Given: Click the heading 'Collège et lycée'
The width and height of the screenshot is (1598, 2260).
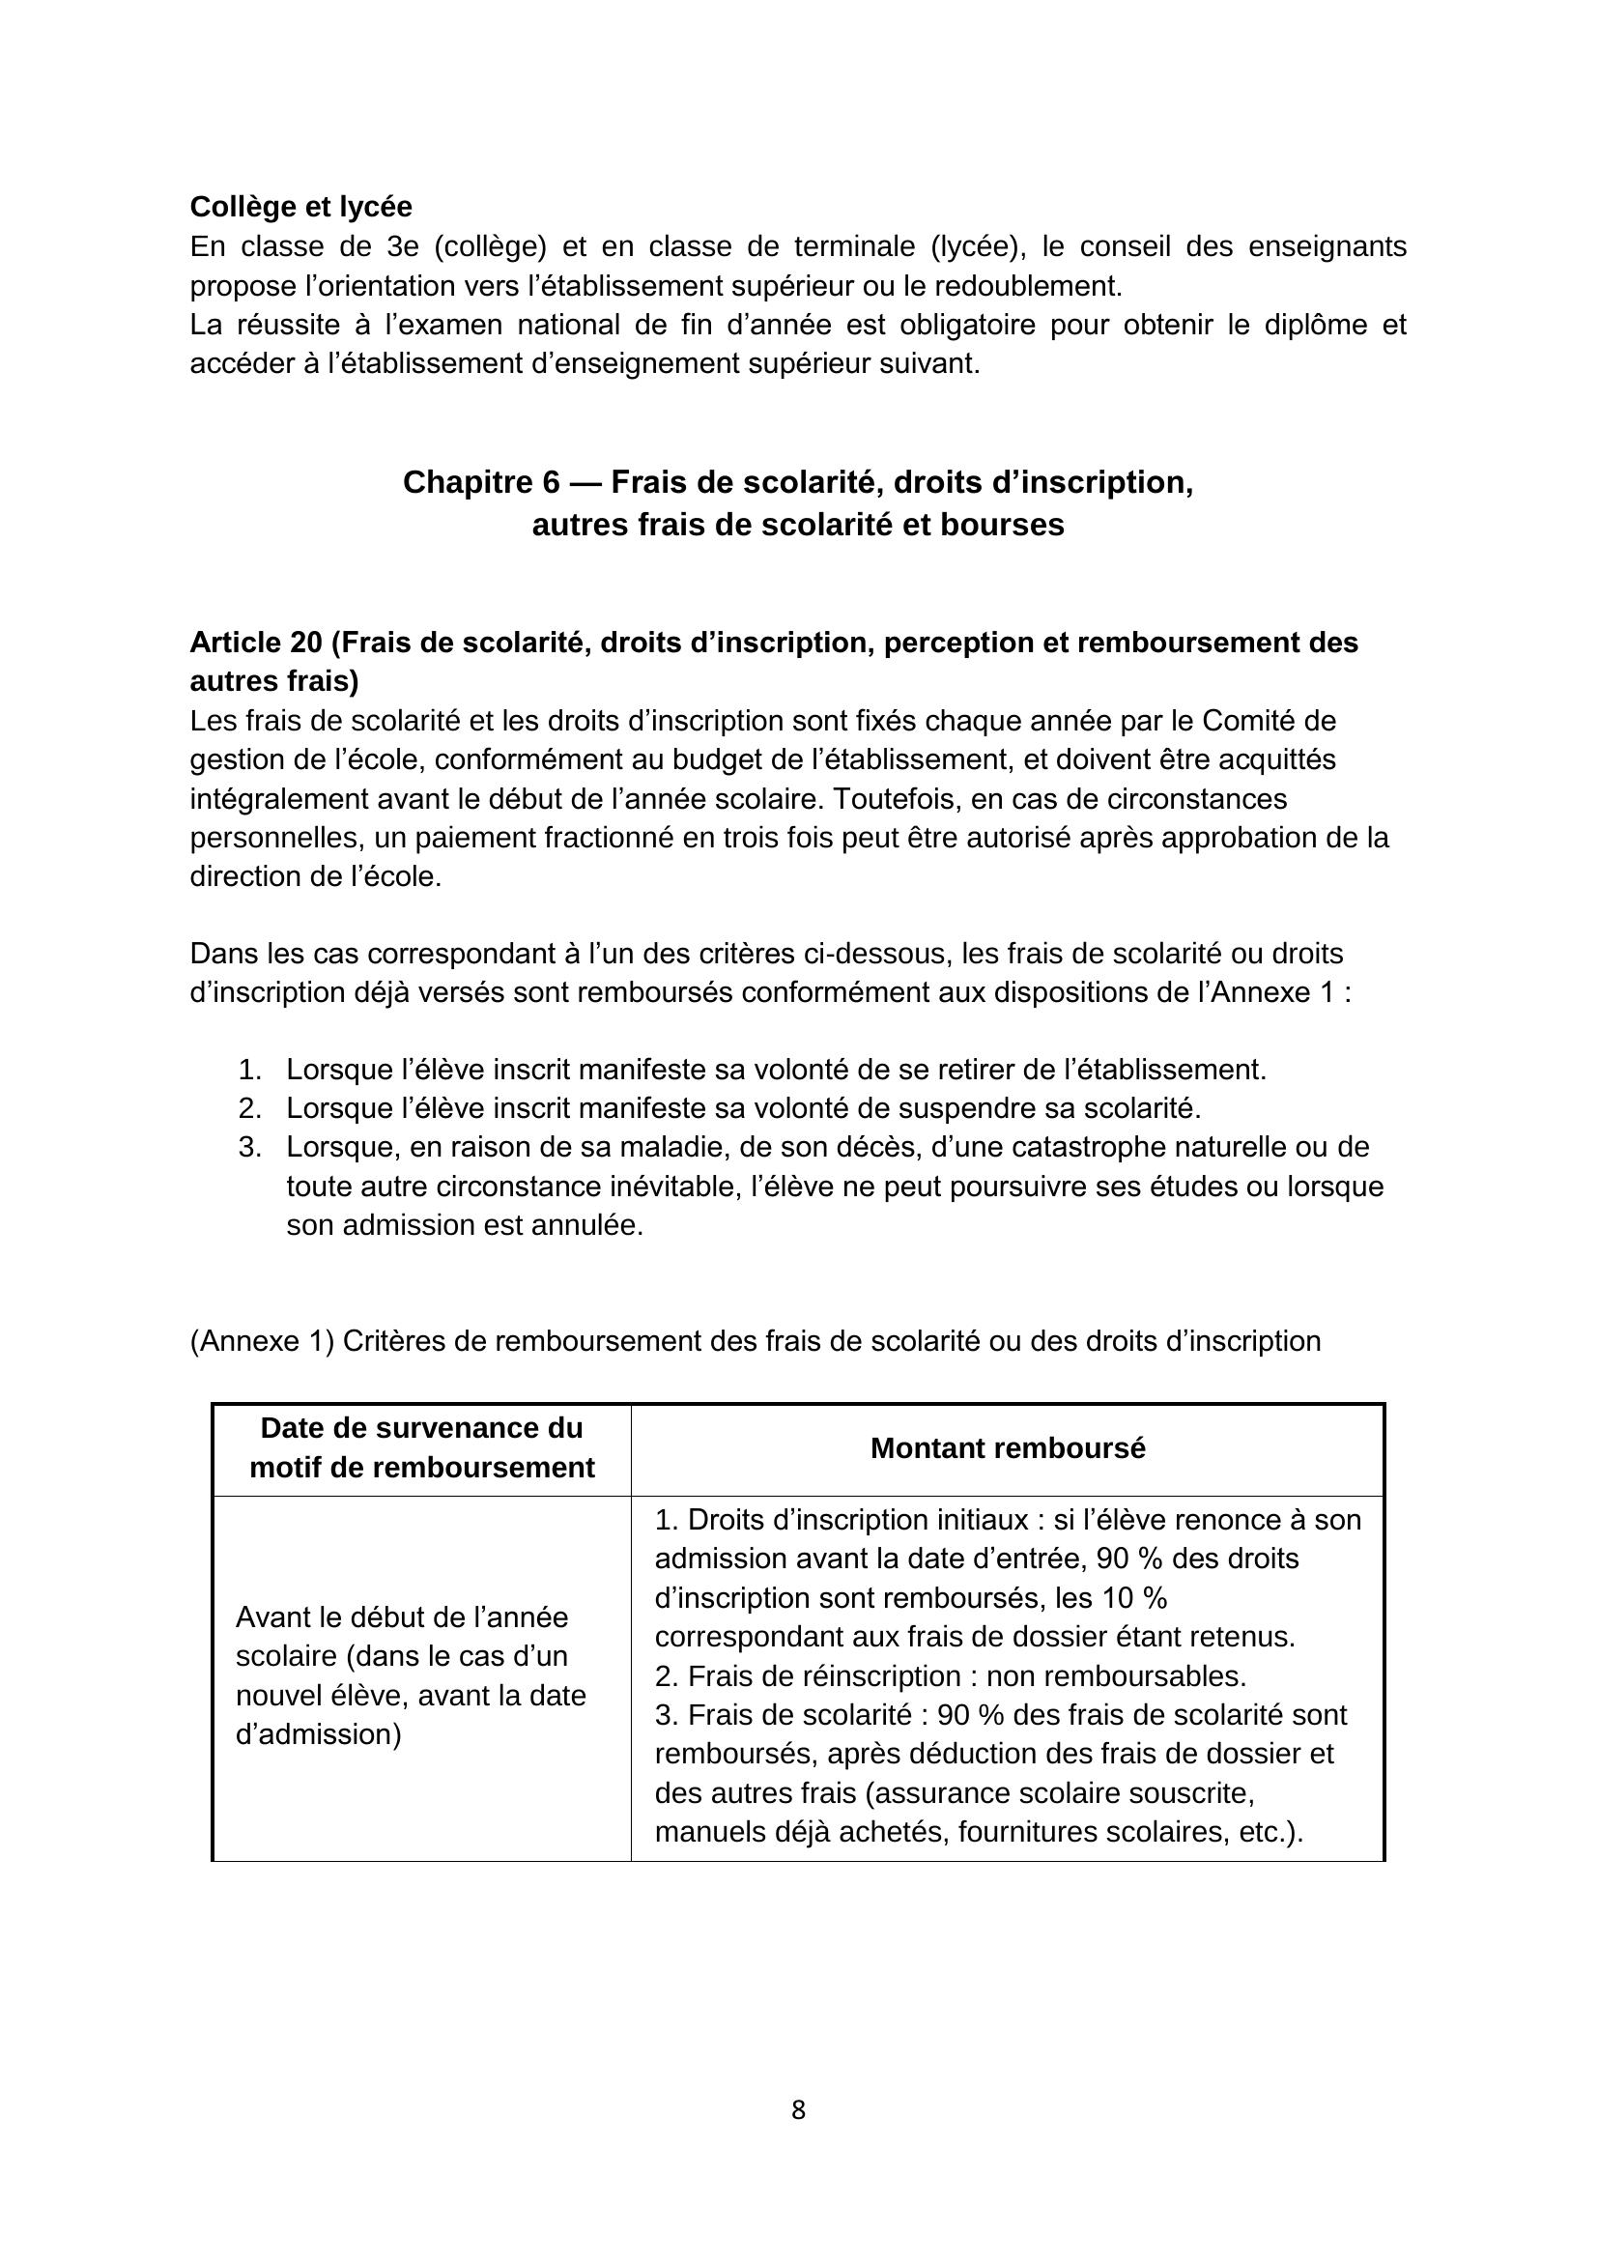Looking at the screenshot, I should coord(300,207).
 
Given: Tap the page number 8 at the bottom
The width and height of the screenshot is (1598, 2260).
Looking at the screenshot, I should coord(798,2109).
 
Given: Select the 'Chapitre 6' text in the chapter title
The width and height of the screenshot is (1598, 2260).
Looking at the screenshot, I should coord(481,482).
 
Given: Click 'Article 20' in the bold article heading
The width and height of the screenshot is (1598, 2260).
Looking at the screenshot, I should coord(256,643).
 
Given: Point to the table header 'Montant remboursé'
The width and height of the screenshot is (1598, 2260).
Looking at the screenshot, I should coord(1008,1448).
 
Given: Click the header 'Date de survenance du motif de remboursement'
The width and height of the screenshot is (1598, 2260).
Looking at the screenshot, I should coord(421,1448).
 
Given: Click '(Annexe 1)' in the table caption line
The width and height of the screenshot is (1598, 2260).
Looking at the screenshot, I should coord(262,1341).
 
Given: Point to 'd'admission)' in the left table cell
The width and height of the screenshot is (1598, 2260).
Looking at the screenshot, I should coord(318,1733).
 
